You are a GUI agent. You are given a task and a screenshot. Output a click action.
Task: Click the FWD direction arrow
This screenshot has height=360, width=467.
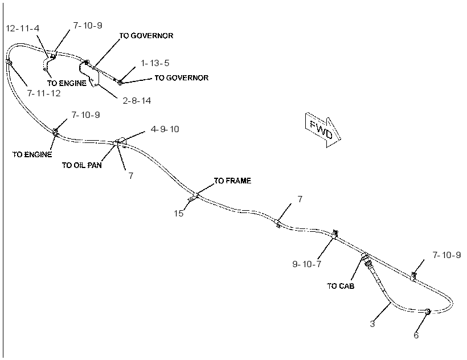pyautogui.click(x=322, y=130)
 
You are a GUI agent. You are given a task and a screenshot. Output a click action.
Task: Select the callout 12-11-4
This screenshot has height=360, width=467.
pyautogui.click(x=23, y=28)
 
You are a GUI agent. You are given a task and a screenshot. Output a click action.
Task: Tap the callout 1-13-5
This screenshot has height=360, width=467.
pyautogui.click(x=155, y=63)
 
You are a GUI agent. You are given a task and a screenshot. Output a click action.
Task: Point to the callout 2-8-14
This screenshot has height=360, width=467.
pyautogui.click(x=137, y=101)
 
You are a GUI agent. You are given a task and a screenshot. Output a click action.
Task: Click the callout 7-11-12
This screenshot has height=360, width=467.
pyautogui.click(x=44, y=93)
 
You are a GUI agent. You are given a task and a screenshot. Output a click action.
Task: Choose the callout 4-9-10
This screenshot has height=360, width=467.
pyautogui.click(x=165, y=129)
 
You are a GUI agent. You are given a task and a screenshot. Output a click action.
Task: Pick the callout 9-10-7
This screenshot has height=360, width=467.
pyautogui.click(x=307, y=264)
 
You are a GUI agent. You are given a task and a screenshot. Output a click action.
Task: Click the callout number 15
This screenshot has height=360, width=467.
pyautogui.click(x=179, y=214)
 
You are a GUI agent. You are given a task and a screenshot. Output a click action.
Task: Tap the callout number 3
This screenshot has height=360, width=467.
pyautogui.click(x=372, y=324)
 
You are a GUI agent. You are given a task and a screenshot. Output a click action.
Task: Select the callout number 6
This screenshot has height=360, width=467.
pyautogui.click(x=416, y=336)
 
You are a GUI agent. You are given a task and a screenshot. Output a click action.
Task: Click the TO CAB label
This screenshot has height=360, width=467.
pyautogui.click(x=341, y=286)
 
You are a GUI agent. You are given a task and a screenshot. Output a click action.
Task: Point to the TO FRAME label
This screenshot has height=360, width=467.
pyautogui.click(x=232, y=181)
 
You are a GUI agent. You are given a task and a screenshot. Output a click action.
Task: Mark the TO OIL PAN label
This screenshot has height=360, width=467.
pyautogui.click(x=81, y=165)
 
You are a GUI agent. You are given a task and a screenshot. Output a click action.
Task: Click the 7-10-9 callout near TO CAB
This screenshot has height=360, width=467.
pyautogui.click(x=446, y=255)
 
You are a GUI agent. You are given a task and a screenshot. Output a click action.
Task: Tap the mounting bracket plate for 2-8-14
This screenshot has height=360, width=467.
pyautogui.click(x=89, y=73)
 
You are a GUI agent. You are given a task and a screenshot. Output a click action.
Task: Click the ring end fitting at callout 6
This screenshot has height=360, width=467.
pyautogui.click(x=427, y=312)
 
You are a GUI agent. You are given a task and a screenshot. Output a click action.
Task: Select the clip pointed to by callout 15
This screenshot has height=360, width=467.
pyautogui.click(x=191, y=198)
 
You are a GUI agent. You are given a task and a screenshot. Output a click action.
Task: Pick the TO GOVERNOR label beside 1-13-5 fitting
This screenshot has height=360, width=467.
pyautogui.click(x=181, y=78)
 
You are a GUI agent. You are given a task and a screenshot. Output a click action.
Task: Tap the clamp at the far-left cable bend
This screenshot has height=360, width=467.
pyautogui.click(x=8, y=62)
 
